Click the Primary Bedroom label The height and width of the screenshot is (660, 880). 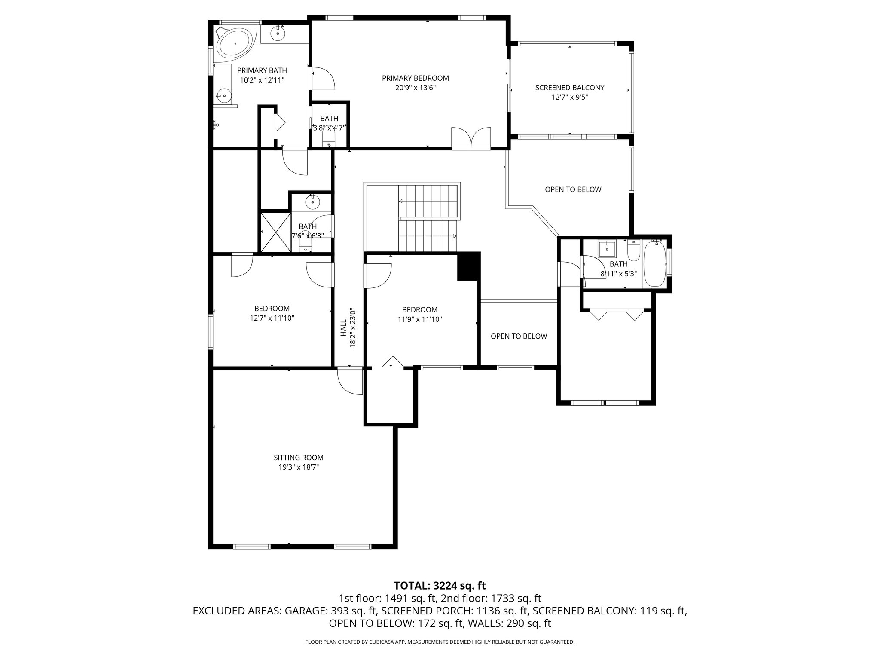pyautogui.click(x=415, y=78)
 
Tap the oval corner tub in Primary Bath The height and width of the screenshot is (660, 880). pyautogui.click(x=235, y=43)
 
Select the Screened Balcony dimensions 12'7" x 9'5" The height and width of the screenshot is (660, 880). pyautogui.click(x=569, y=97)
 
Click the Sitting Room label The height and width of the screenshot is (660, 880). pyautogui.click(x=298, y=458)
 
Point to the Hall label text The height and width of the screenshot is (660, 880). pyautogui.click(x=343, y=327)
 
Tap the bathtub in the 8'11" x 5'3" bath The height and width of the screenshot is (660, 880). pyautogui.click(x=654, y=264)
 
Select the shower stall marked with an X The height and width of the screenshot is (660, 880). pyautogui.click(x=276, y=232)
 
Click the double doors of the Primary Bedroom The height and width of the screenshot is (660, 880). pyautogui.click(x=471, y=138)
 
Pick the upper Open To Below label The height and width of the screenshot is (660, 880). pyautogui.click(x=573, y=189)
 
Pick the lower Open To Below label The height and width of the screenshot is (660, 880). pyautogui.click(x=519, y=336)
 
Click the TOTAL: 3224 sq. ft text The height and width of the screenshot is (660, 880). pyautogui.click(x=440, y=585)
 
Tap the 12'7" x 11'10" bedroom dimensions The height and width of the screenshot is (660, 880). pyautogui.click(x=272, y=318)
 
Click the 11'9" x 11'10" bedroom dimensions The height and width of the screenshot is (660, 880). pyautogui.click(x=420, y=319)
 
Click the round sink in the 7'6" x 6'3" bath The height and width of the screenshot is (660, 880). pyautogui.click(x=312, y=201)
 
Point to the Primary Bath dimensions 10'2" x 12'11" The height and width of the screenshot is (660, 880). pyautogui.click(x=262, y=80)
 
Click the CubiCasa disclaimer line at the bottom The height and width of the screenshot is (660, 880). pyautogui.click(x=440, y=642)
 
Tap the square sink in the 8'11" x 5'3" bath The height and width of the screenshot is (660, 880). pyautogui.click(x=607, y=249)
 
